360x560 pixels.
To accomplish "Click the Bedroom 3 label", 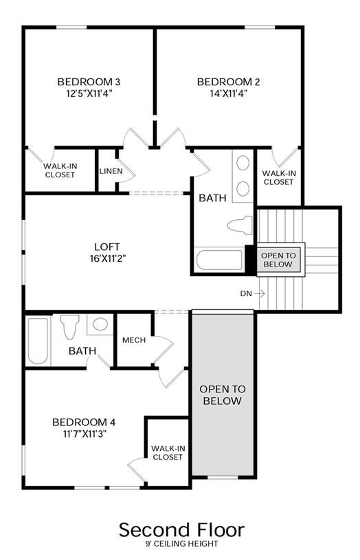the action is (x=89, y=82).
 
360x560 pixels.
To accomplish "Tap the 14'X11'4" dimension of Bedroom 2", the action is (x=229, y=93).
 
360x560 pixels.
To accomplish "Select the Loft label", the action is (x=107, y=247).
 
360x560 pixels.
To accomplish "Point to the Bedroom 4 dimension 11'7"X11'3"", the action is (x=85, y=434).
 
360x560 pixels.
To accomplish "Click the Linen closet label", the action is (x=111, y=171).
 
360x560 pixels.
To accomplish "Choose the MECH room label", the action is (x=134, y=340).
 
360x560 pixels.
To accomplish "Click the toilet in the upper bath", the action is (x=240, y=225).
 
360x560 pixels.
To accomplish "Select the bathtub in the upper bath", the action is (x=220, y=260).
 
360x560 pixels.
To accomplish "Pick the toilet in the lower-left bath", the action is (x=69, y=326).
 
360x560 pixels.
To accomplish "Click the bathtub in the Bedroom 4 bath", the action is (x=38, y=341).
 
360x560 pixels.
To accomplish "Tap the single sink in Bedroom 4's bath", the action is (x=100, y=324).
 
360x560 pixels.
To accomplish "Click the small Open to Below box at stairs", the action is (x=278, y=260).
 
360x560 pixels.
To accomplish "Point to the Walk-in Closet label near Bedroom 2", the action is (x=279, y=177).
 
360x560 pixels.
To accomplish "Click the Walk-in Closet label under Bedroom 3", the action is (x=60, y=170).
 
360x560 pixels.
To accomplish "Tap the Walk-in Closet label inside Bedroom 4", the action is (x=168, y=453).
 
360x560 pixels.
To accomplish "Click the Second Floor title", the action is (x=182, y=530).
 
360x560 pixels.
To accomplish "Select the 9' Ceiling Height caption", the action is (x=181, y=544).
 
